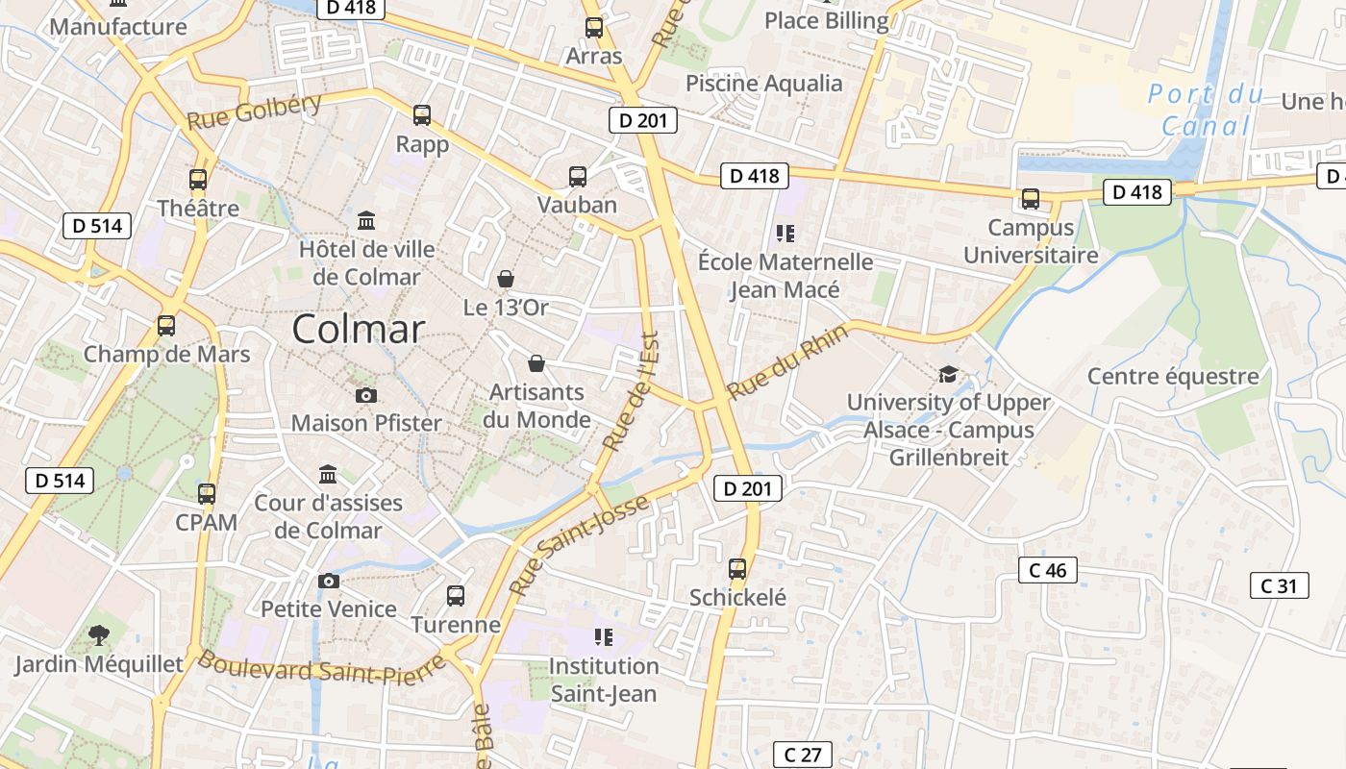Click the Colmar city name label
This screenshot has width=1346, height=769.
coord(358,330)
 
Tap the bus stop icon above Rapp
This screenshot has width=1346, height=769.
coord(422,115)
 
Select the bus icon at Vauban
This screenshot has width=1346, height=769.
coord(577,177)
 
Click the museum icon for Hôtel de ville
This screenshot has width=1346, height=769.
coord(366,221)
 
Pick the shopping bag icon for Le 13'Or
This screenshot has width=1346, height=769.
coord(506,279)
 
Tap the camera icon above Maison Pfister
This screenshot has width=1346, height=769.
coord(365,395)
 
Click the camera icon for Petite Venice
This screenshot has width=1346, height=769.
coord(329,581)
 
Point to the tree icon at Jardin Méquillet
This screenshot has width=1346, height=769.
coord(98,634)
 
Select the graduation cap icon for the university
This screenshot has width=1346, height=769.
coord(948,374)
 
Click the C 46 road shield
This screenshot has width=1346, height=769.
coord(1047,570)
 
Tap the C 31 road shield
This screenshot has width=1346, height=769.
coord(1279,585)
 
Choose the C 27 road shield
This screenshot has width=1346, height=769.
coord(802,755)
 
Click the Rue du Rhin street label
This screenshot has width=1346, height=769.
coord(788,361)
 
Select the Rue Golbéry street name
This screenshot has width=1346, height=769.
coord(254,113)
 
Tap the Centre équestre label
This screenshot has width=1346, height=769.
coord(1173,376)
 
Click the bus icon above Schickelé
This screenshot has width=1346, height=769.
coord(737,569)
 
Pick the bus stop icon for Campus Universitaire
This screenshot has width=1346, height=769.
coord(1031,199)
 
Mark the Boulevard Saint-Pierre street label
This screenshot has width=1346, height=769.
coord(322,668)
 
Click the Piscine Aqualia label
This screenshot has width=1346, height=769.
coord(763,84)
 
